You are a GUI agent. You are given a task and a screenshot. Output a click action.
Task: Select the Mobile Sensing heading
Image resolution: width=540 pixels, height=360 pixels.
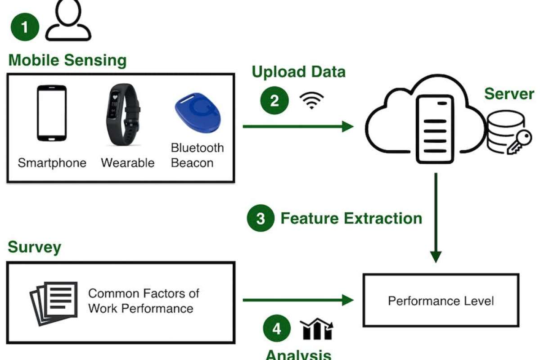[x=67, y=60]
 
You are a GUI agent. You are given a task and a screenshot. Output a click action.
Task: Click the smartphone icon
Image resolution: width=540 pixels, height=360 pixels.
[x=51, y=113]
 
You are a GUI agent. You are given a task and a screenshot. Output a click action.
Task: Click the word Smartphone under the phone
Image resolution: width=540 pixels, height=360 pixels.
[x=52, y=162]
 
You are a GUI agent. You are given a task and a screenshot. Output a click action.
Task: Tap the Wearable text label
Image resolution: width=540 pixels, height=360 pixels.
[x=127, y=162]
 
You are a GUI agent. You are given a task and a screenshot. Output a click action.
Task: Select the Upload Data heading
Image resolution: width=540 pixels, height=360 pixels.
[x=298, y=72]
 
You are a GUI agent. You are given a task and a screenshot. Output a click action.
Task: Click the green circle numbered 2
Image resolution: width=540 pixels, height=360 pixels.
[x=274, y=101]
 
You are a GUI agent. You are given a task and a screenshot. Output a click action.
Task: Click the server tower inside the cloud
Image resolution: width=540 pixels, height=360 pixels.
[x=435, y=129]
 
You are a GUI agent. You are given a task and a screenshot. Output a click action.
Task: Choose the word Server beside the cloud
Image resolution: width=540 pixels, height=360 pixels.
[x=509, y=94]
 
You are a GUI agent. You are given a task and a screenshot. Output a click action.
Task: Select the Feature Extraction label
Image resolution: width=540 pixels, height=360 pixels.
[x=351, y=219]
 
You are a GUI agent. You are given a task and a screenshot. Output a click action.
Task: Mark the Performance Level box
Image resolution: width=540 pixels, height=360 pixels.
[x=441, y=300]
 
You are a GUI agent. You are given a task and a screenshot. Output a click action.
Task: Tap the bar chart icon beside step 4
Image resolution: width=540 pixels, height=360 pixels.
[x=317, y=329]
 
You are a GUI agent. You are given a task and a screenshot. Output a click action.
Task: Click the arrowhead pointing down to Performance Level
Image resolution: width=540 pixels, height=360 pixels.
[x=435, y=256]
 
